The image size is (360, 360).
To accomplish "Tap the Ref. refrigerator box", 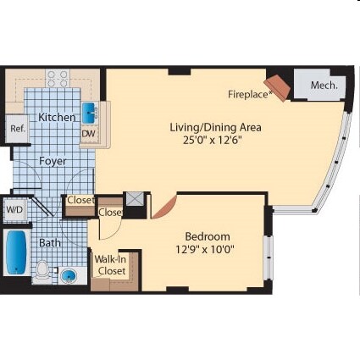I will [17, 129].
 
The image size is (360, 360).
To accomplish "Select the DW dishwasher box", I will [89, 134].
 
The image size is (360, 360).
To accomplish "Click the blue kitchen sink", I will [88, 113].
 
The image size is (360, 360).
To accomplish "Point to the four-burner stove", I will [58, 79].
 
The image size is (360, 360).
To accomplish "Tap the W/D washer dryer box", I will [15, 209].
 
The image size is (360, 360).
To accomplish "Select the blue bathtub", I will [16, 252].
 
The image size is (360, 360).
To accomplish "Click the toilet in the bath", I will [42, 269].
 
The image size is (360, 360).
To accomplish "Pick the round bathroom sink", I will [68, 275].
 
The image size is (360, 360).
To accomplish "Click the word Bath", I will [49, 242].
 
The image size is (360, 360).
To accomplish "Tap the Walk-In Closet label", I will [110, 265].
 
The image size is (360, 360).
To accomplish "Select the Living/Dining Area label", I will [215, 127].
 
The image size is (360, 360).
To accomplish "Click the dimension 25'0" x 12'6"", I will [215, 141].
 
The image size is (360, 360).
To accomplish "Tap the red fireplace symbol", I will [277, 87].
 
